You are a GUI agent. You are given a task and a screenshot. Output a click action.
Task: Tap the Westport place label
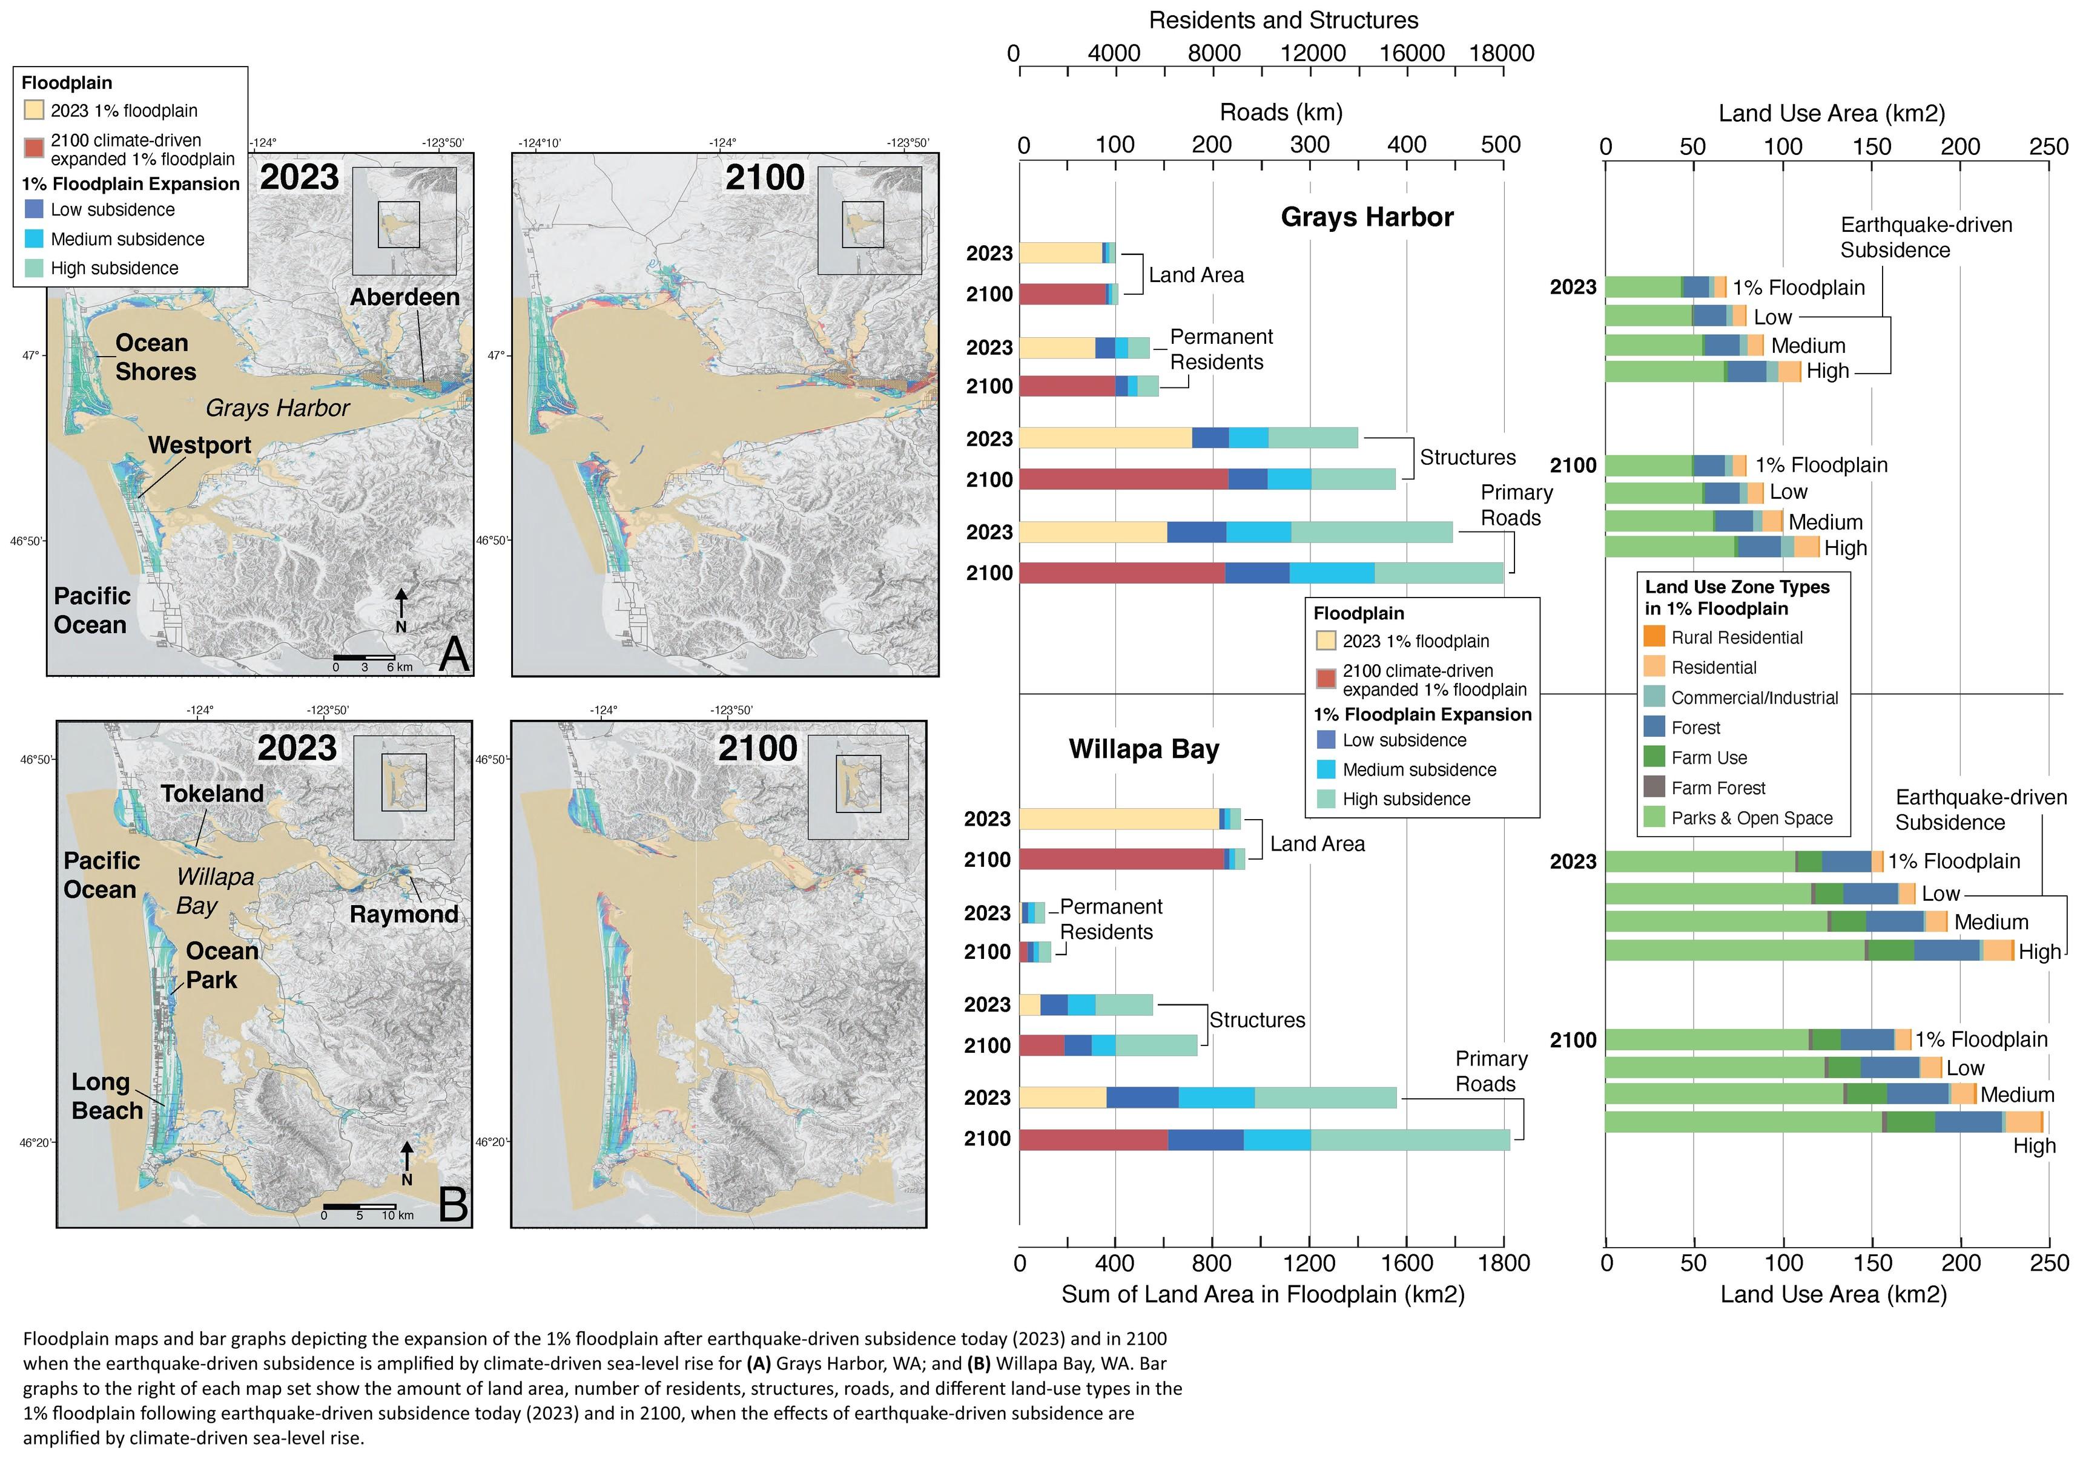click(199, 445)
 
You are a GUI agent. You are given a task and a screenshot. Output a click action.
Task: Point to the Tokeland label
click(212, 794)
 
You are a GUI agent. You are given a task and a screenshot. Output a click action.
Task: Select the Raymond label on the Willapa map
click(404, 914)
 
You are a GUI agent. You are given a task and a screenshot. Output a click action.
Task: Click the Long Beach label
click(107, 1096)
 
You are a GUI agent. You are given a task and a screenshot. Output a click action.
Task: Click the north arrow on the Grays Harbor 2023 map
click(401, 609)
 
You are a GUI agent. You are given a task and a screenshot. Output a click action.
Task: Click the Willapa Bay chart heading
click(1143, 749)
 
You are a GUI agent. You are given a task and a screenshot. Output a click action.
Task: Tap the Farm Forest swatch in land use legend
click(1654, 787)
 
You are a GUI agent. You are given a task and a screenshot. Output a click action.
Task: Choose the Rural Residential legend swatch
click(1654, 637)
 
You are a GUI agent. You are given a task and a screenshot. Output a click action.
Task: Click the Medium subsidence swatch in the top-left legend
click(35, 239)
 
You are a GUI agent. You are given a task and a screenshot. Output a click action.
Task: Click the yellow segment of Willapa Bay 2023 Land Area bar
click(1119, 818)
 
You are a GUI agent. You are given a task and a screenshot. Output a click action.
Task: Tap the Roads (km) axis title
click(1281, 113)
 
